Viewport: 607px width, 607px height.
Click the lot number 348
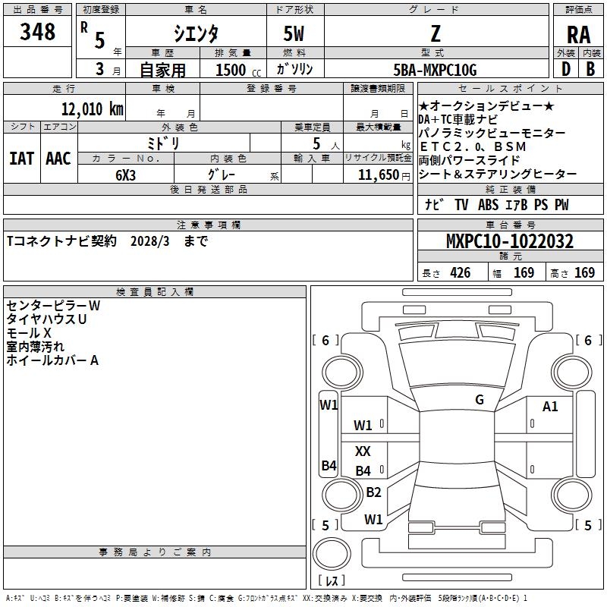(x=38, y=32)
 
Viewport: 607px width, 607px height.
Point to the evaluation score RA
(x=578, y=35)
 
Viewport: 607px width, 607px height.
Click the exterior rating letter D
(x=565, y=68)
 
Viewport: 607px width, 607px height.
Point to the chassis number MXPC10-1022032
(x=509, y=241)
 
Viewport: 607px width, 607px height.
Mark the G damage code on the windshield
(x=479, y=400)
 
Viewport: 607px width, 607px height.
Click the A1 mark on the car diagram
(x=550, y=407)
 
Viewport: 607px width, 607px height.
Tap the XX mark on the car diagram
(x=363, y=451)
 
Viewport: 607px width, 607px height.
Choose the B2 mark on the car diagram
(x=373, y=492)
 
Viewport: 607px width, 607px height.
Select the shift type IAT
(x=21, y=158)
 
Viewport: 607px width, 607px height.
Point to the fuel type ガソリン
(x=295, y=69)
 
